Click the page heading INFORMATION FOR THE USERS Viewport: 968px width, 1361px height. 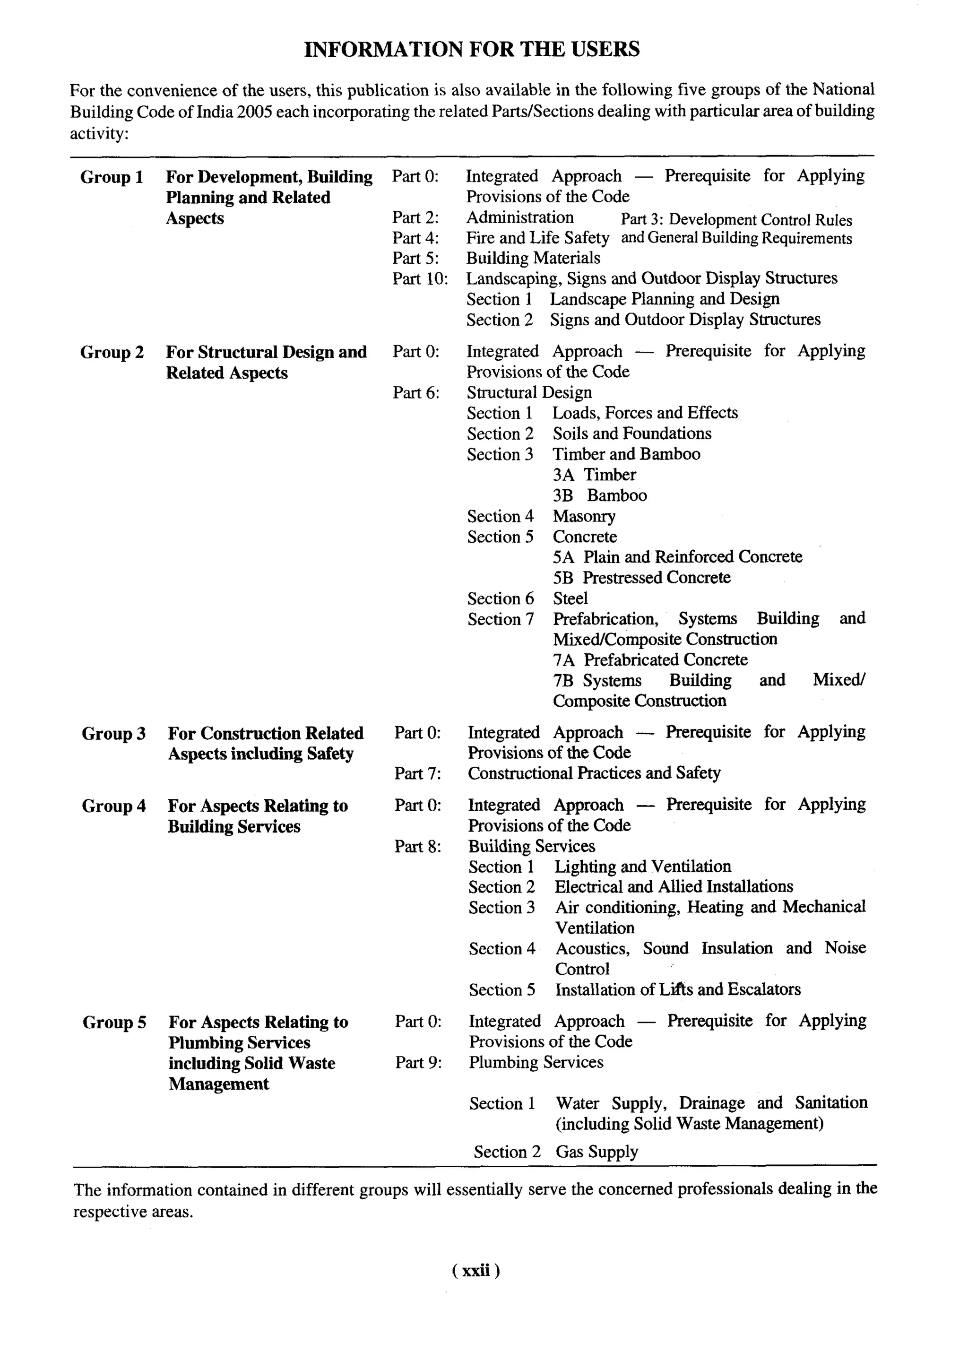[472, 49]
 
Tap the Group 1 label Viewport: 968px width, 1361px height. [112, 177]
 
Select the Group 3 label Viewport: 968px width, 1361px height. [113, 733]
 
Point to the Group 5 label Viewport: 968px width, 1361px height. [114, 1023]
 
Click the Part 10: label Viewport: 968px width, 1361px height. [420, 279]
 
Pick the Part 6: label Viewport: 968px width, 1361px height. [416, 393]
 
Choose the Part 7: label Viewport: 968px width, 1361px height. [417, 774]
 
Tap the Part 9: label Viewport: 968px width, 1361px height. [418, 1063]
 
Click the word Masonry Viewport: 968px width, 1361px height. [584, 516]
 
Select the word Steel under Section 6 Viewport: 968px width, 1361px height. [570, 598]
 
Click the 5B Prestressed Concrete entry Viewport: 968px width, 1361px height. [641, 578]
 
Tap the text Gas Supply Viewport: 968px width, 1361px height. [596, 1152]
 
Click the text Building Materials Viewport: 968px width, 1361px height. [533, 258]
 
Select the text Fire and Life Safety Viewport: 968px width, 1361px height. [537, 238]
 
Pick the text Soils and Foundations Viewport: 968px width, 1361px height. [632, 433]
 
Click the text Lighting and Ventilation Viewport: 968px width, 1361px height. [642, 867]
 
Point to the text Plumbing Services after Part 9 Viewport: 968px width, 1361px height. [536, 1063]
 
